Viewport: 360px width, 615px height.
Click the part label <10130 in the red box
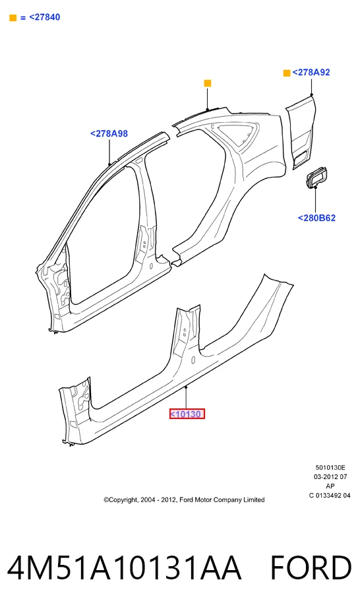point(187,414)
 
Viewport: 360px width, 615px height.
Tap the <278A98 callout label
point(109,134)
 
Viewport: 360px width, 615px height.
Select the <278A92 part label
point(311,72)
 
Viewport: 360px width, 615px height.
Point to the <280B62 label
point(316,218)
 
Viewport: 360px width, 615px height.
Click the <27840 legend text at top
point(44,17)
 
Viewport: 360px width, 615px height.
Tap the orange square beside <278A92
point(287,73)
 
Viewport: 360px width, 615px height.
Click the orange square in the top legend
point(13,18)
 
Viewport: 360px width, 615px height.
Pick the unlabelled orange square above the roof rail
point(208,83)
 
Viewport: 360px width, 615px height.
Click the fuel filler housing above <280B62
point(316,176)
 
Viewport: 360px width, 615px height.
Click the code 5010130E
point(330,468)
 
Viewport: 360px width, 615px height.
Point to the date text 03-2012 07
point(330,476)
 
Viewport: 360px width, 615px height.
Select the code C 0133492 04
point(330,496)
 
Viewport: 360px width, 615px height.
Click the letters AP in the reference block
point(330,486)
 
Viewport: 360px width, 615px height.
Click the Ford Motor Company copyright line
point(184,500)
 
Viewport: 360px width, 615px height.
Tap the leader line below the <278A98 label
point(109,151)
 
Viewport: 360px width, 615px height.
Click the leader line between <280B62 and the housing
point(316,200)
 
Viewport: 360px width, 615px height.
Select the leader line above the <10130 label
point(187,398)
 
